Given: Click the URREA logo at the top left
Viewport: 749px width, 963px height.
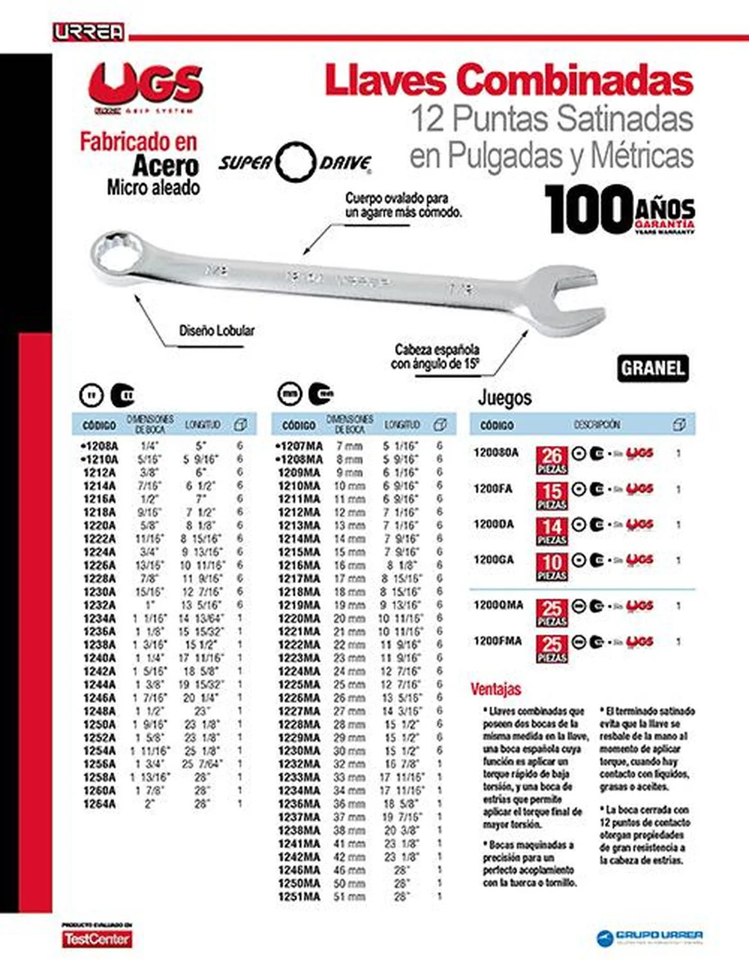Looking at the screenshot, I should coord(89,32).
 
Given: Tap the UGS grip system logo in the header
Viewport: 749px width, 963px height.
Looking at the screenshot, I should coord(146,87).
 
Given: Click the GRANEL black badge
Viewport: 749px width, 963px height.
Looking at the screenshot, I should coord(653,369).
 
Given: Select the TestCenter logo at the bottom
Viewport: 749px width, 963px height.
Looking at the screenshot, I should coord(96,939).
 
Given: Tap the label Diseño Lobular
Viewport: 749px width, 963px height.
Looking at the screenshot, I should coord(216,331).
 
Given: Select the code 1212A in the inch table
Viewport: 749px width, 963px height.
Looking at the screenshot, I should coord(100,473).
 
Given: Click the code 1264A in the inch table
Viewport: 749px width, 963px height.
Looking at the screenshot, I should coord(100,804).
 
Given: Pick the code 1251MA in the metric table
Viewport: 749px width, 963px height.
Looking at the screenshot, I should coord(299,897).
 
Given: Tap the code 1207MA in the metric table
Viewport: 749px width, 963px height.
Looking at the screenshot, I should coord(299,446).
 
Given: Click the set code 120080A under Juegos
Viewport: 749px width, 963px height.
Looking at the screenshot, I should coord(495,453).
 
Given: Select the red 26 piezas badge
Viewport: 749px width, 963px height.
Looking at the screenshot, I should coord(551,460).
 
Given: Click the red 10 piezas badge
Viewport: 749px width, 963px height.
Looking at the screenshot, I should coord(551,566).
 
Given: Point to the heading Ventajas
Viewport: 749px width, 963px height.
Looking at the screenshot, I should coord(495,690).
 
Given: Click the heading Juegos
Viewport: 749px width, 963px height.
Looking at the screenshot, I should coord(504,398).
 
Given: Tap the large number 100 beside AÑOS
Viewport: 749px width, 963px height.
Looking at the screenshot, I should coord(588,209).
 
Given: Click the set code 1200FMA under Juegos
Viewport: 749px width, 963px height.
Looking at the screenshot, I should coord(497,641).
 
